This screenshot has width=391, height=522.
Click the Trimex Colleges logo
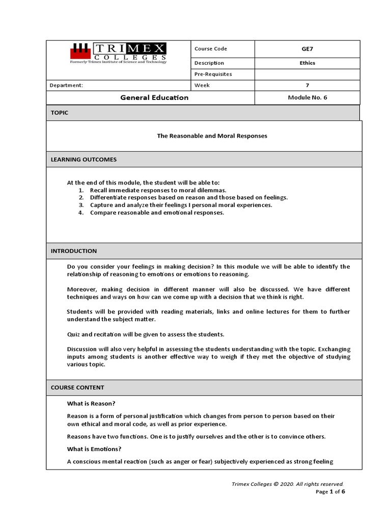click(x=118, y=52)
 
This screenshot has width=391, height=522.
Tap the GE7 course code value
click(x=307, y=49)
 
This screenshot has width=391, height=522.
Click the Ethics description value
click(x=307, y=63)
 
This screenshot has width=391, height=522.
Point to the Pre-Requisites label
click(x=213, y=74)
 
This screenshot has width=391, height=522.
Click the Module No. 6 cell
click(x=307, y=97)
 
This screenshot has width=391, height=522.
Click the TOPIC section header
click(x=60, y=113)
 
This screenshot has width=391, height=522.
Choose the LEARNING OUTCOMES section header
click(x=83, y=160)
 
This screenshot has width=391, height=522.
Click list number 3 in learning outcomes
click(x=81, y=205)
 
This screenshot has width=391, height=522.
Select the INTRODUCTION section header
click(x=74, y=251)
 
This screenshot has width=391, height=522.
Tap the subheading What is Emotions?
click(x=95, y=449)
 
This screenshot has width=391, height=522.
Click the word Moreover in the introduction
click(x=81, y=289)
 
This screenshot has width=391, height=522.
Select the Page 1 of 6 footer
click(x=330, y=492)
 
